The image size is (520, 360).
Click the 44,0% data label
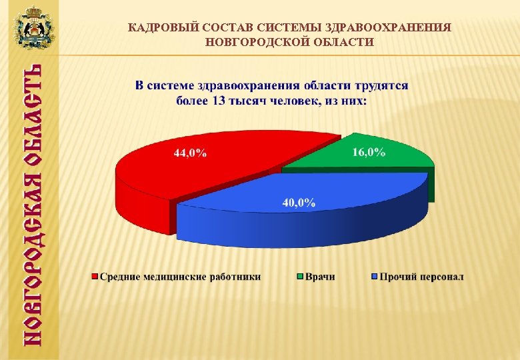(190, 153)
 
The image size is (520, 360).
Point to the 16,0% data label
(369, 152)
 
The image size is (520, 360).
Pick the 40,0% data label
(299, 202)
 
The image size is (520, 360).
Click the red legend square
(95, 276)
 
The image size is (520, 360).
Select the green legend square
(301, 276)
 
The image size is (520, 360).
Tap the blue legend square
(375, 276)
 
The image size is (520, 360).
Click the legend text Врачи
(321, 276)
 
